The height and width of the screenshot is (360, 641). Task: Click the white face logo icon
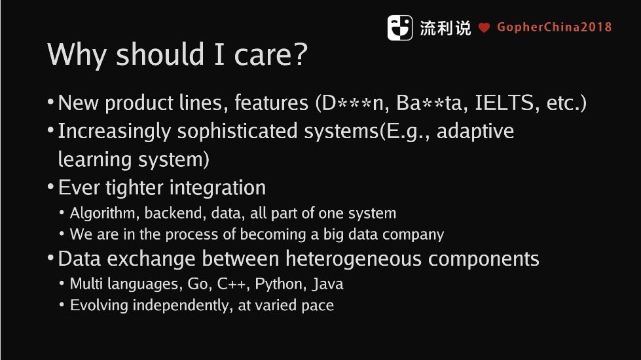(x=400, y=27)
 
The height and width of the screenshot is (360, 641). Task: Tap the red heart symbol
(x=484, y=27)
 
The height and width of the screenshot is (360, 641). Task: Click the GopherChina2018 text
(x=555, y=27)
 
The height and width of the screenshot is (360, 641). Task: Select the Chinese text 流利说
(x=445, y=28)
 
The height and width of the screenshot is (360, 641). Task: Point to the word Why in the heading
(x=77, y=55)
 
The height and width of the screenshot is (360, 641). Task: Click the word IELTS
(x=504, y=103)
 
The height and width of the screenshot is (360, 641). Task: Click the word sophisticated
(x=237, y=132)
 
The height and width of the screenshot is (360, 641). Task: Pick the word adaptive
(x=475, y=132)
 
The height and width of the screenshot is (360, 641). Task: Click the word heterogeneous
(x=353, y=259)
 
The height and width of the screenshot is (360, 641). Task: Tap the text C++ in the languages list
(x=231, y=284)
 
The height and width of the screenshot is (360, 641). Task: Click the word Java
(x=327, y=284)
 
